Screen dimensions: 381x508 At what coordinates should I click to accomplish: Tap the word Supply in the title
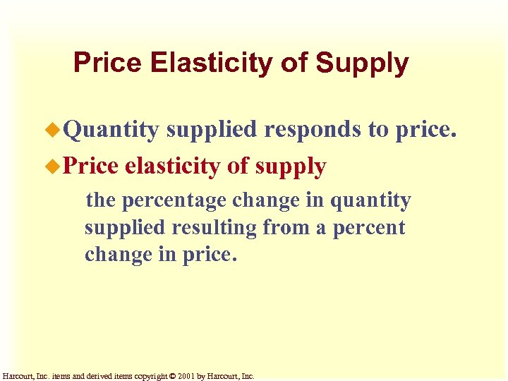(x=362, y=64)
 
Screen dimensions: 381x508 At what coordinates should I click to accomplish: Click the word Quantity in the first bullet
(x=112, y=129)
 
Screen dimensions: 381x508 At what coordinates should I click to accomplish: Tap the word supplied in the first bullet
(x=212, y=129)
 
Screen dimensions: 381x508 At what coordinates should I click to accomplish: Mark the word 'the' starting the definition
(x=100, y=200)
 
